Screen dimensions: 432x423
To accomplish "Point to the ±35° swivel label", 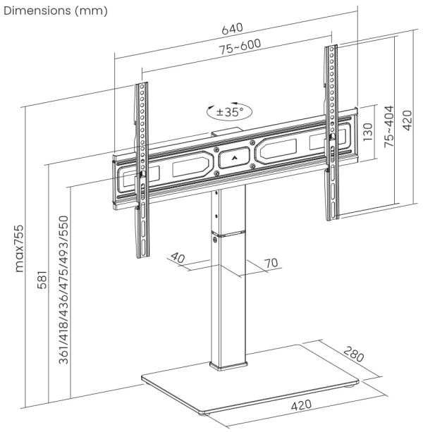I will pos(229,111).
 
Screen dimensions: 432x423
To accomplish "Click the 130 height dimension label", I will pos(367,132).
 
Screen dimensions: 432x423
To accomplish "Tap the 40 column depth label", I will pos(178,259).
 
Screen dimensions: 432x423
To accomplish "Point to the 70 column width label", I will pos(269,263).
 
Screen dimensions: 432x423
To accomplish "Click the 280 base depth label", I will pos(355,355).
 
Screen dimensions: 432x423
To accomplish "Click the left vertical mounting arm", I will pos(143,169).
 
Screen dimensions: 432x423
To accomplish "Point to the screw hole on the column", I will pos(215,240).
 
